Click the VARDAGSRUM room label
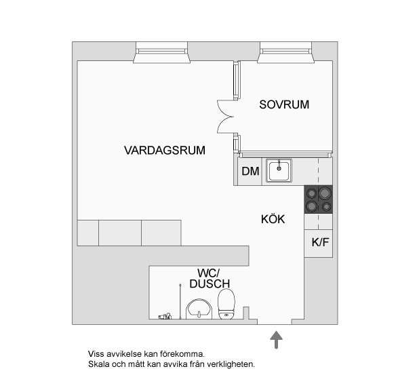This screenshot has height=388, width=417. pos(165,150)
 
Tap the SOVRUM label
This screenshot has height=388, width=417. pos(284,105)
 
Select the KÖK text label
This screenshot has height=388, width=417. pos(273,219)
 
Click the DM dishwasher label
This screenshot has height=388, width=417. pos(250,171)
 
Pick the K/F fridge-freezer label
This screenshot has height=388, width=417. pos(320,243)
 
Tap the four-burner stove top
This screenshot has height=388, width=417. pos(319,199)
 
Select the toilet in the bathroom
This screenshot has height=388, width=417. pos(226,303)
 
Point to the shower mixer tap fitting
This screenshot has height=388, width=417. pos(164,316)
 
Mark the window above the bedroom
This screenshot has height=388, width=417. pos(285,50)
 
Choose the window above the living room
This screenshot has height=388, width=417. pos(161,50)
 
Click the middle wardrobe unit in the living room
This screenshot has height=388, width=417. pos(120,232)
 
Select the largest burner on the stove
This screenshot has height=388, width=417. pos(313,206)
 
